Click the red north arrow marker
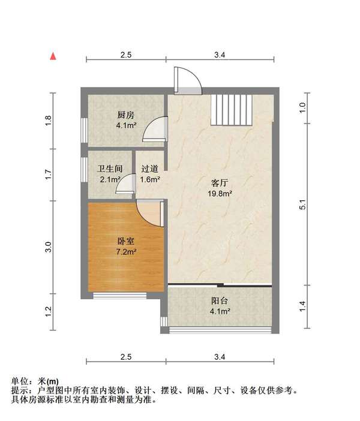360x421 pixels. [x=53, y=56]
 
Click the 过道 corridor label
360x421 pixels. [x=149, y=169]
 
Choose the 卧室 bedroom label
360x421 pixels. [x=126, y=241]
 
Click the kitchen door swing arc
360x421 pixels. [x=155, y=128]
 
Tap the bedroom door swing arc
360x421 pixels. [x=149, y=212]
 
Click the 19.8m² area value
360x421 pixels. [x=220, y=194]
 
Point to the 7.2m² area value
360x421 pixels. [x=126, y=252]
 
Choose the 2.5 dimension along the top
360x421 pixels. [x=126, y=55]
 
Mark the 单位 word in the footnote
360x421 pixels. [x=20, y=381]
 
